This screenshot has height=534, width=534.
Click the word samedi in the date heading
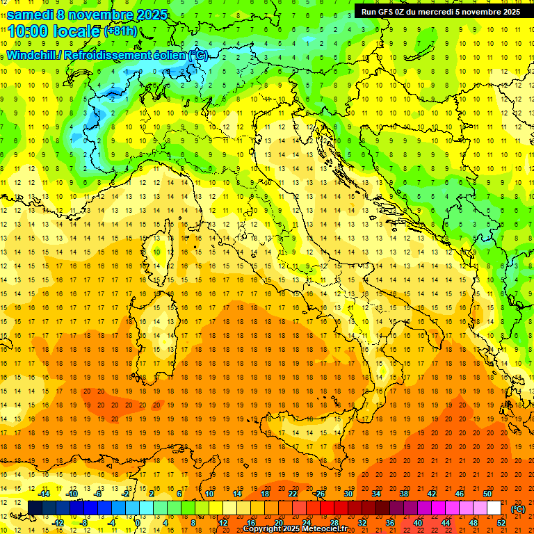pos(31,14)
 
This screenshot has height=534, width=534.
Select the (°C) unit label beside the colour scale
pos(518,509)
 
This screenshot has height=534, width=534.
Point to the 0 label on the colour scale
pos(137,523)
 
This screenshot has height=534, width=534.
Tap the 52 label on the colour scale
pos(501,523)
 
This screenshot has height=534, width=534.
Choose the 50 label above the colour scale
pos(487,494)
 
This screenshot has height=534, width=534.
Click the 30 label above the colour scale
pos(348,494)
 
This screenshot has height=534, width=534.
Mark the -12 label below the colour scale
pos(58,523)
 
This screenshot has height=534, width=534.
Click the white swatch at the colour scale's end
pos(494,508)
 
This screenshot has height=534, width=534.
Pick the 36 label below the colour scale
pos(390,523)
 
